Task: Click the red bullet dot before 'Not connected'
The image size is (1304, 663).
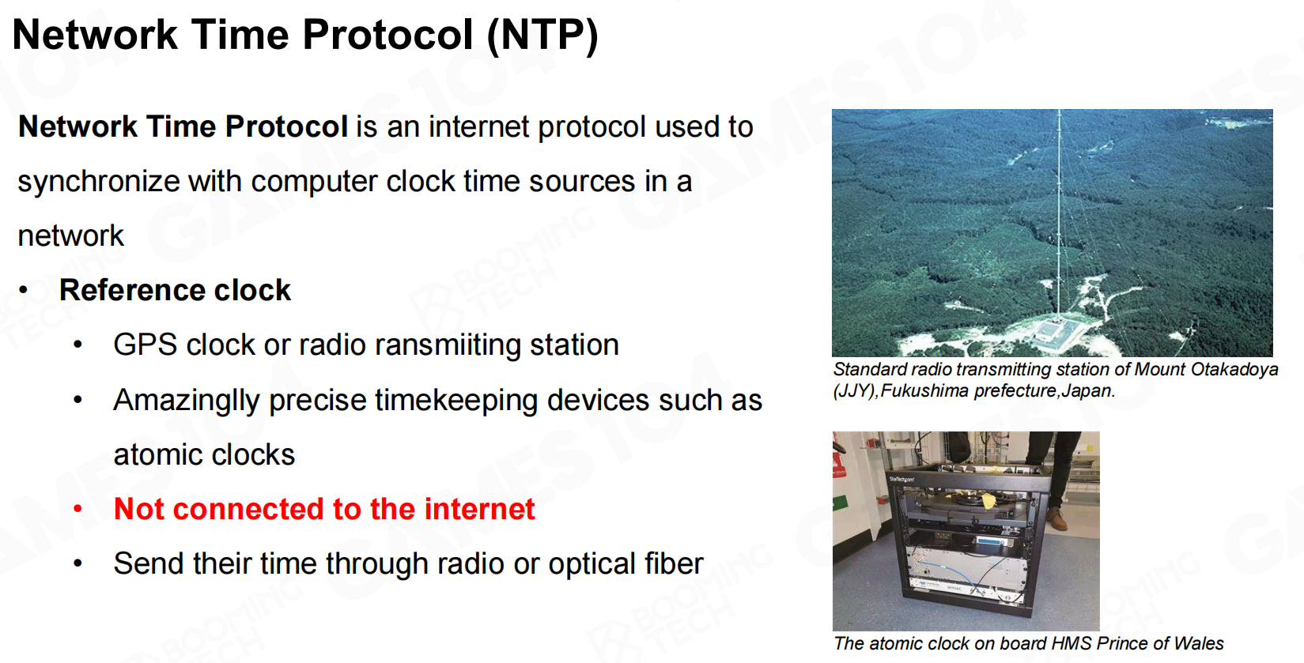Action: [78, 510]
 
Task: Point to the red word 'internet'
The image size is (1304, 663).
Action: [479, 509]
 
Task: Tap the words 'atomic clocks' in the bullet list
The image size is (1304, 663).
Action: [204, 455]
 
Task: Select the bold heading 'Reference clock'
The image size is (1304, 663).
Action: [175, 290]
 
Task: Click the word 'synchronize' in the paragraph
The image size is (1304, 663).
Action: [98, 182]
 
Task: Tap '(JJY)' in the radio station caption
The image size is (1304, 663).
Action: [855, 391]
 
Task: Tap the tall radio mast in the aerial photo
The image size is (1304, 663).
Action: [1059, 215]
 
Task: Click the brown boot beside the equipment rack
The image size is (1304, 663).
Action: [1056, 518]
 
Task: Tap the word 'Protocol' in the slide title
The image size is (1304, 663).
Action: [387, 35]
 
